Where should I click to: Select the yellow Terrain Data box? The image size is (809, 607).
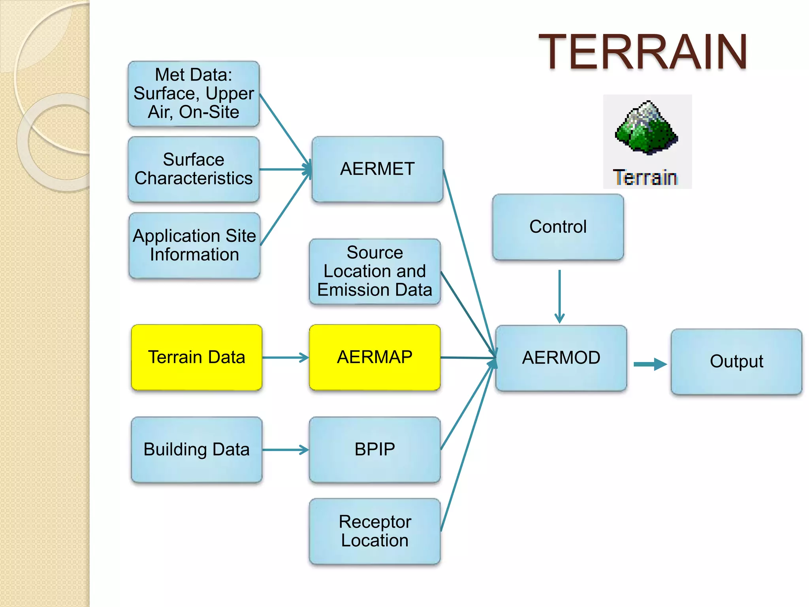coord(196,357)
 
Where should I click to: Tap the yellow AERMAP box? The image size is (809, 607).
coord(374,357)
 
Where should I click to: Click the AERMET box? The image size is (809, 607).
coord(377,169)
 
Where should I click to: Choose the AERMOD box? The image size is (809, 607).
coord(561,358)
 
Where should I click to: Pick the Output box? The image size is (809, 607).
coord(736,362)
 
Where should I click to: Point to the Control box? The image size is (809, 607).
coord(558,227)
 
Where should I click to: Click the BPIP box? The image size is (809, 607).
coord(374,449)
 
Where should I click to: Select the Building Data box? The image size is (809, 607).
coord(196,449)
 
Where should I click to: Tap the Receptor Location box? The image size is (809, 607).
coord(374,531)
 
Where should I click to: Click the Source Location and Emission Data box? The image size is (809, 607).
coord(374,271)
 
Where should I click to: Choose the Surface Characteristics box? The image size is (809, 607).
coord(194,169)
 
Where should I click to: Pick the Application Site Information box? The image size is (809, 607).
coord(194,245)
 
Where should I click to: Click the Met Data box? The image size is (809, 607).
coord(194,94)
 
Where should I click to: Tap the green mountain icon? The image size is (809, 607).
coord(646,128)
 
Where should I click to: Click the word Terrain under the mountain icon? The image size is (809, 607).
coord(645,177)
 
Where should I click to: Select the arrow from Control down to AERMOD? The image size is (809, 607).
coord(559,296)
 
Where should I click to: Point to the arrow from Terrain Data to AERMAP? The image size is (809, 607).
coord(285,358)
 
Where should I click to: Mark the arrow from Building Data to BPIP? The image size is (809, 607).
coord(285,450)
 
